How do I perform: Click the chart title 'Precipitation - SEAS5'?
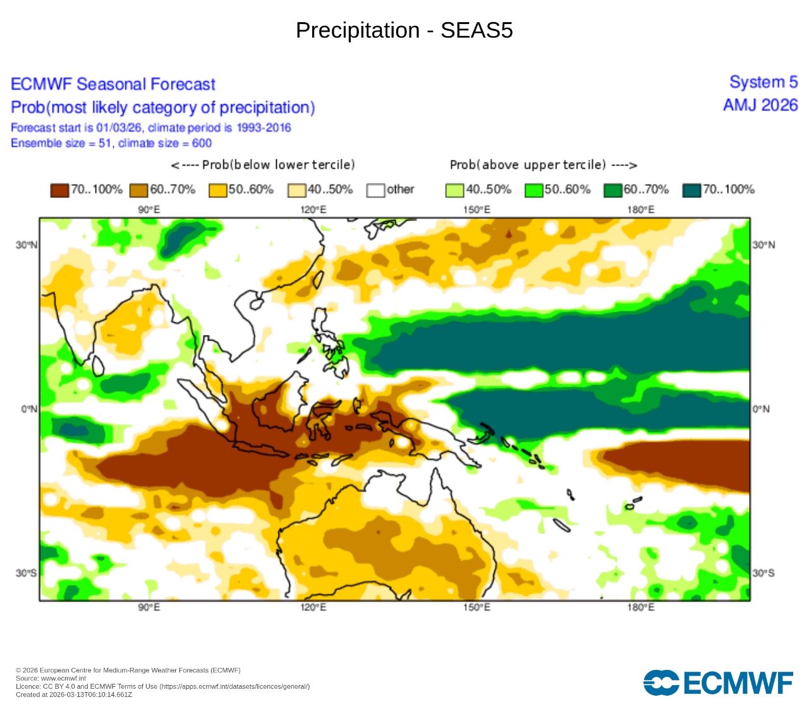pos(404,30)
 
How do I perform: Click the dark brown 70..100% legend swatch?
pos(59,190)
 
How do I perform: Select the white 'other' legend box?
pos(375,190)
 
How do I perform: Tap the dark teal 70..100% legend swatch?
pos(692,190)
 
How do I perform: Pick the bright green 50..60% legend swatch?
pos(533,190)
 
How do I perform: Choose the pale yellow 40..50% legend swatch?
pos(296,190)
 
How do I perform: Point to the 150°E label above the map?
pos(477,210)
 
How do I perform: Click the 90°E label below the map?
pos(149,607)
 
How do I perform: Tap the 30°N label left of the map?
pos(27,245)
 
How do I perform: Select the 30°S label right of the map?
pos(763,573)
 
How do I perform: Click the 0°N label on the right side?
pos(762,409)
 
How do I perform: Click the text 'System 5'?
pos(763,82)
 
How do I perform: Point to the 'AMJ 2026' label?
pos(760,105)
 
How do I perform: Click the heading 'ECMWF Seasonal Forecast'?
pos(113,84)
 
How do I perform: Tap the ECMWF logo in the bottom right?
pos(718,682)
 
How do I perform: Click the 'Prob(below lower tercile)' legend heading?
pos(263,165)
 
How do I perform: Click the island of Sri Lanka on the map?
pos(98,365)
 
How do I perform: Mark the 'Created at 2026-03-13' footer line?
pos(74,695)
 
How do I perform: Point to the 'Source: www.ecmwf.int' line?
pos(51,678)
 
